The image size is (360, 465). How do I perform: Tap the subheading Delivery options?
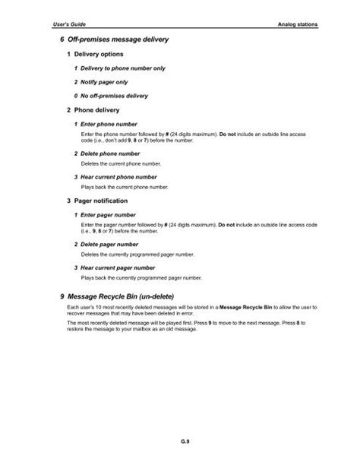(x=95, y=55)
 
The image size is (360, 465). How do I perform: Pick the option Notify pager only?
(x=100, y=82)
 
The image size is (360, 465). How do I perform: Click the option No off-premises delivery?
(x=110, y=96)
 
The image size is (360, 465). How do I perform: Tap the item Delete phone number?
(x=106, y=153)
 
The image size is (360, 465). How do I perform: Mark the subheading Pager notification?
(x=98, y=201)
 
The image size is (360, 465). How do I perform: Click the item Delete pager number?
(x=106, y=244)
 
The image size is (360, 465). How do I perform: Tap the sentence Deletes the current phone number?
(x=121, y=163)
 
